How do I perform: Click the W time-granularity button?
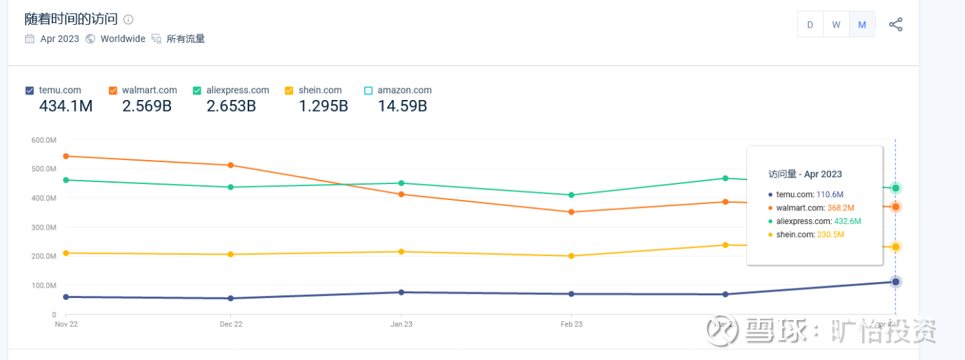[836, 25]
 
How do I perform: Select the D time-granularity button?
[810, 25]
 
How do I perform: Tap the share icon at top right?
[895, 25]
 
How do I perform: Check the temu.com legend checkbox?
[30, 90]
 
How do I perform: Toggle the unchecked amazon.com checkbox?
[368, 90]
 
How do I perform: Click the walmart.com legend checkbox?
[113, 90]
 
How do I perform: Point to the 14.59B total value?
[402, 106]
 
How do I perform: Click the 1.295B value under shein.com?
[323, 106]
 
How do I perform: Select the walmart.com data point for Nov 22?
[66, 156]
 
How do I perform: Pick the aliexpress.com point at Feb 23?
[571, 195]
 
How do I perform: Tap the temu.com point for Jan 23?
[401, 292]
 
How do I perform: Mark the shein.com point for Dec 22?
[231, 254]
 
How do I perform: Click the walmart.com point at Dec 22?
[231, 165]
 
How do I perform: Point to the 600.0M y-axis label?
[43, 140]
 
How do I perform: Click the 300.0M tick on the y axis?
[43, 227]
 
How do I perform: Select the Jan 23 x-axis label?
[401, 323]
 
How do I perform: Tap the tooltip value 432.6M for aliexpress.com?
[847, 221]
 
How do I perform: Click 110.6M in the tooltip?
[829, 194]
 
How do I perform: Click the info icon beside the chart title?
[128, 19]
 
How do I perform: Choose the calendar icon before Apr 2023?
[30, 39]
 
